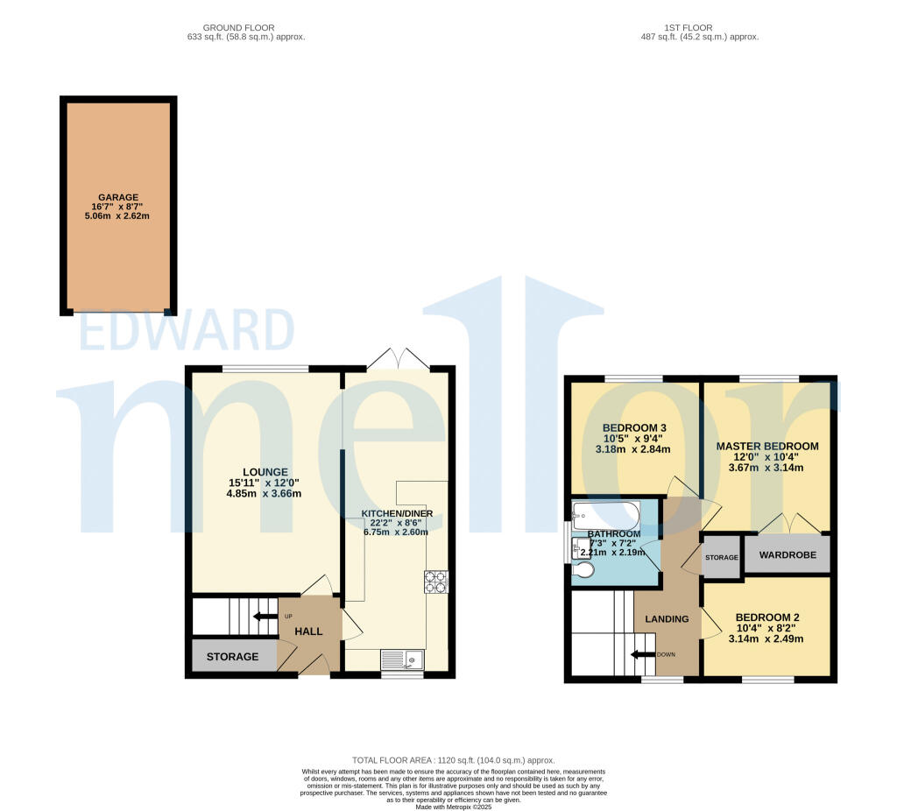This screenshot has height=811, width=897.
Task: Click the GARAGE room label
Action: tap(117, 197)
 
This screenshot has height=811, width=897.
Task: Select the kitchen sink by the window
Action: tap(402, 659)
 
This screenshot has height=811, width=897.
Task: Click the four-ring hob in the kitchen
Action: tap(436, 582)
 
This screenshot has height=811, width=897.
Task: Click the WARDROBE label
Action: tap(787, 555)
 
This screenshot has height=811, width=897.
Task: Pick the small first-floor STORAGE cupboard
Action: tap(721, 557)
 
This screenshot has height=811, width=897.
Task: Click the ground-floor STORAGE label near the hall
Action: tap(232, 656)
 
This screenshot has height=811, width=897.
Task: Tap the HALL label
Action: tap(307, 631)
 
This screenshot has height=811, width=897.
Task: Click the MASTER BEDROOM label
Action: tap(767, 446)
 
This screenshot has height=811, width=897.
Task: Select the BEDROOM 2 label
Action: tap(766, 617)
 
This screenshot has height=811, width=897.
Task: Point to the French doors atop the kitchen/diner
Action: tap(398, 359)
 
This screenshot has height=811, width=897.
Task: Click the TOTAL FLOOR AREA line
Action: tap(453, 760)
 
